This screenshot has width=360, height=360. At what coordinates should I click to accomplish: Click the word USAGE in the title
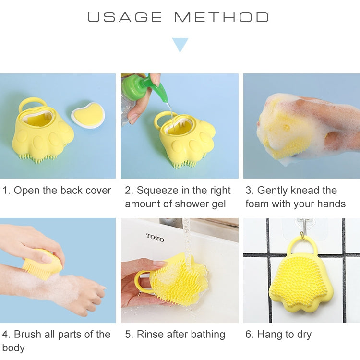pyautogui.click(x=125, y=18)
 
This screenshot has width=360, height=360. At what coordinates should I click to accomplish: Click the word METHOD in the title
pyautogui.click(x=221, y=18)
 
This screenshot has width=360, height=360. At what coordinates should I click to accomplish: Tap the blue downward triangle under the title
pyautogui.click(x=180, y=45)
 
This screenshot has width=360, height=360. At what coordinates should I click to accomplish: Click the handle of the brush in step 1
pyautogui.click(x=32, y=103)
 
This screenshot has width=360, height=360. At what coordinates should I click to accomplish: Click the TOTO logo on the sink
pyautogui.click(x=155, y=238)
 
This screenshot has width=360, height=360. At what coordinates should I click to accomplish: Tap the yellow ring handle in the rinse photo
pyautogui.click(x=141, y=281)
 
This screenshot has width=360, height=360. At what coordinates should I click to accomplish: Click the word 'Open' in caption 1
pyautogui.click(x=26, y=191)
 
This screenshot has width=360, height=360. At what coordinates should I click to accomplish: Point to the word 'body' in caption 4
pyautogui.click(x=13, y=348)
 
